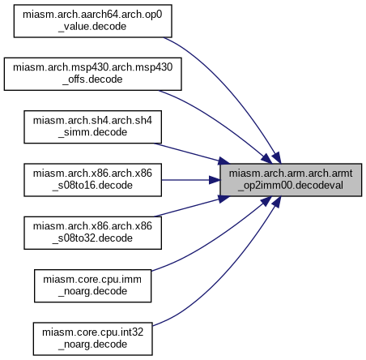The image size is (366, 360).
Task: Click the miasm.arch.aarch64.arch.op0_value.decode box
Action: coord(92,21)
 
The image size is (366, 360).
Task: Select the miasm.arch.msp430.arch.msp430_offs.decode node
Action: coord(92,74)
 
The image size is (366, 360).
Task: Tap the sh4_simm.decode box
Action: coord(92,126)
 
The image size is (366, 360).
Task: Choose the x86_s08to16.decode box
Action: coord(92,180)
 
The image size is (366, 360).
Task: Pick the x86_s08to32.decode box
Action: coord(92,233)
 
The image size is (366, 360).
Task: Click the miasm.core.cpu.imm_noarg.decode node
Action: coord(92,285)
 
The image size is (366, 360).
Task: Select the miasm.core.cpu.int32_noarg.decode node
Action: coord(92,339)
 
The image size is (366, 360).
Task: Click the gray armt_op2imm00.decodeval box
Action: coord(291,180)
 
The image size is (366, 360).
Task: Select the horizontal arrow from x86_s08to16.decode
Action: coord(190,180)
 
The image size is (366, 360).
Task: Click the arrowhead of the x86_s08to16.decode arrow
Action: coord(215,180)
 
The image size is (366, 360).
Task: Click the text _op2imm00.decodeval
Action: coord(291,186)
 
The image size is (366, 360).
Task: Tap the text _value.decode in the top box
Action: coord(92,27)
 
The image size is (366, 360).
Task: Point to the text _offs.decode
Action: coord(92,79)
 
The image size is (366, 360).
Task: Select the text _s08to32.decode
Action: coord(92,238)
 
